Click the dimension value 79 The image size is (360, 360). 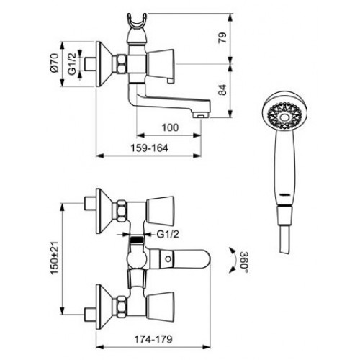tap(222, 37)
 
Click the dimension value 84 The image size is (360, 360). tap(222, 90)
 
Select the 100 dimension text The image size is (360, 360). tap(170, 127)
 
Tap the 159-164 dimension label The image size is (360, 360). tap(149, 148)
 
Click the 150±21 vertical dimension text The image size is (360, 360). tap(55, 258)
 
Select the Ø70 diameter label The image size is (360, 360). tap(55, 63)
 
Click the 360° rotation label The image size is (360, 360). tap(245, 263)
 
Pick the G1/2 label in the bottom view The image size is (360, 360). tap(168, 234)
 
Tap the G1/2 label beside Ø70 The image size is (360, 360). tap(72, 63)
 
